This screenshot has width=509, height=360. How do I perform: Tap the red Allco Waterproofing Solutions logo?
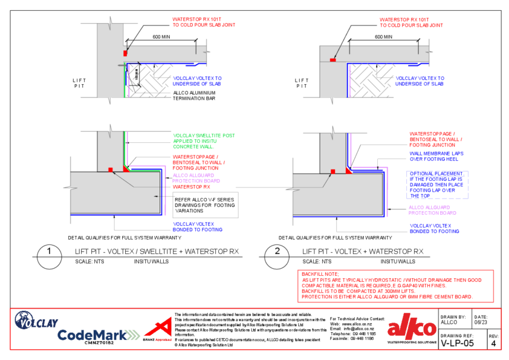[x=411, y=330]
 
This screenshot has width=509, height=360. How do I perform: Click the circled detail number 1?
[x=50, y=255]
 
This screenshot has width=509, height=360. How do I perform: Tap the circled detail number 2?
[x=278, y=255]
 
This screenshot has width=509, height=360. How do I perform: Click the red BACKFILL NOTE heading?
[x=320, y=274]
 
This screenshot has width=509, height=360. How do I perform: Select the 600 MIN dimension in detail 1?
[x=161, y=37]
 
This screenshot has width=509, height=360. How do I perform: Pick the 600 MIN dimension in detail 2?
[x=383, y=37]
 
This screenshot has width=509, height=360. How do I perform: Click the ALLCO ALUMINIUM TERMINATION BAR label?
[x=194, y=96]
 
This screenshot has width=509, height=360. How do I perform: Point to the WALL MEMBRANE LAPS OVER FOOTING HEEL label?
[x=436, y=157]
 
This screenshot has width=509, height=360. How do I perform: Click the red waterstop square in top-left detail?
[x=125, y=54]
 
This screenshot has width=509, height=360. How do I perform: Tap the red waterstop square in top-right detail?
[x=332, y=59]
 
